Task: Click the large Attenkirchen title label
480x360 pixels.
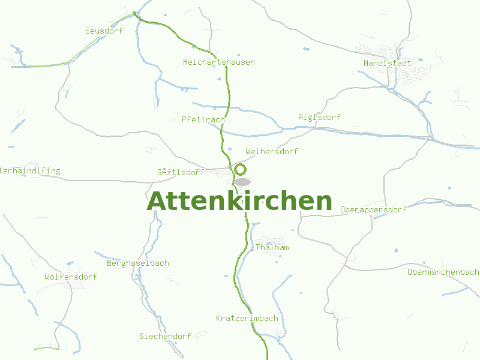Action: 239,202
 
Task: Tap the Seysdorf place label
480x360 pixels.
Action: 104,31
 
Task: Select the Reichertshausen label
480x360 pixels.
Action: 218,62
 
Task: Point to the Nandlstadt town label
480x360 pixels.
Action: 387,62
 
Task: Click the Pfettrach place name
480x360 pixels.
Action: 203,119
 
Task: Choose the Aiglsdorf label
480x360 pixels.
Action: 319,117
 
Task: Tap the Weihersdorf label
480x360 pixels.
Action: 271,151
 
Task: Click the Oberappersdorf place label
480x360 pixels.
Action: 373,209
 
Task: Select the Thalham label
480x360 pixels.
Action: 272,247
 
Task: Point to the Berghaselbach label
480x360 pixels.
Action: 137,263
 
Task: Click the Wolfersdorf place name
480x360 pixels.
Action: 71,277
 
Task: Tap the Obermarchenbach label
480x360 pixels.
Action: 443,272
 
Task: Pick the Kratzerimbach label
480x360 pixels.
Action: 247,318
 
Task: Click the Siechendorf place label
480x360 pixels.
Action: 165,336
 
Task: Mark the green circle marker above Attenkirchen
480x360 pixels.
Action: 241,169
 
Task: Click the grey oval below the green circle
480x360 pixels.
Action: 242,182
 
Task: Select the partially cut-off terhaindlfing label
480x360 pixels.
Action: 30,170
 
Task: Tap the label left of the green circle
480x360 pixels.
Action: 181,172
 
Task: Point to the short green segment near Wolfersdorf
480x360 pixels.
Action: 47,347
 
